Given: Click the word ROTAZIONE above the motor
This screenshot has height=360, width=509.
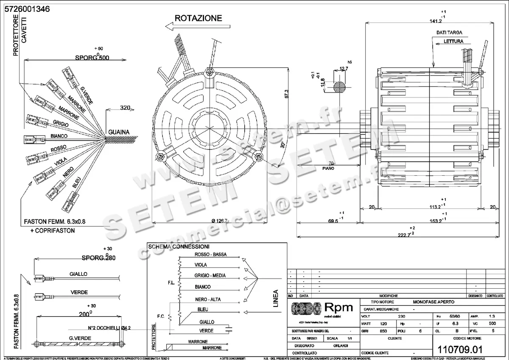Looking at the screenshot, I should pyautogui.click(x=198, y=18).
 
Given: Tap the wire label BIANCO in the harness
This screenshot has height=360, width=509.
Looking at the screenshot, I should pyautogui.click(x=59, y=136).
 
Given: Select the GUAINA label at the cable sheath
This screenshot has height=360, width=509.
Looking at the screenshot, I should pyautogui.click(x=118, y=132).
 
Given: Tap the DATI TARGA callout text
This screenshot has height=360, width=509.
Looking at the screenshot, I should pyautogui.click(x=449, y=32).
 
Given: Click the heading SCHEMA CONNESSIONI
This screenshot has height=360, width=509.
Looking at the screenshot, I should pyautogui.click(x=178, y=247).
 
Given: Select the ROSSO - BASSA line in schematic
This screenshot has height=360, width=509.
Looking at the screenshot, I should pyautogui.click(x=210, y=254).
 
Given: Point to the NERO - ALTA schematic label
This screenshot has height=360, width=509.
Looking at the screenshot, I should pyautogui.click(x=207, y=299).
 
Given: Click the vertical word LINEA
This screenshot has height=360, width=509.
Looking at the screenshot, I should pyautogui.click(x=276, y=298).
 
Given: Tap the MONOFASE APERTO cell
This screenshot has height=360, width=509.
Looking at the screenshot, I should pyautogui.click(x=433, y=301).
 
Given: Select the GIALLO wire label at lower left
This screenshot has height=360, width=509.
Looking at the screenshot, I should pyautogui.click(x=78, y=274).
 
